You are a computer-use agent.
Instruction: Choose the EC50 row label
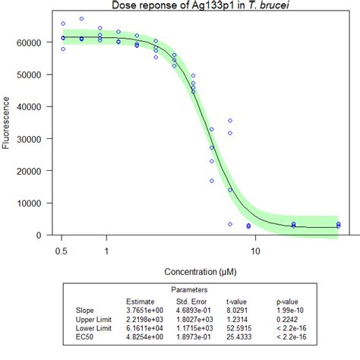86,337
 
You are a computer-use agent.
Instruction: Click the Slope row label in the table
86,310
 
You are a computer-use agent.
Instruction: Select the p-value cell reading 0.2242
289,319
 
